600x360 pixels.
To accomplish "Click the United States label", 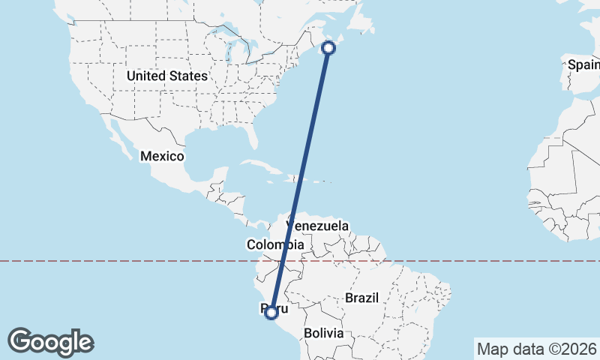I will (x=166, y=76).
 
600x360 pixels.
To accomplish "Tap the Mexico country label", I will (x=162, y=156).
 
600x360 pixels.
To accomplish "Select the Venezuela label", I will (x=317, y=226).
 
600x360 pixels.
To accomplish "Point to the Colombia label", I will (x=275, y=244).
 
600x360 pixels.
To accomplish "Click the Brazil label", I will (x=361, y=298).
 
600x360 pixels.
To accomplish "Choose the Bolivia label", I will (x=323, y=332).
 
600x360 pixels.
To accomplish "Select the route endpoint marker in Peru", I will (x=271, y=312).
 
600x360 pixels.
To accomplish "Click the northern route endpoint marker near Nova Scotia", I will (x=328, y=48).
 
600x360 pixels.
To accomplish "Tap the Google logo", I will (x=51, y=342).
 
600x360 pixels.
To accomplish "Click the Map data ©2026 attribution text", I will (x=535, y=349).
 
